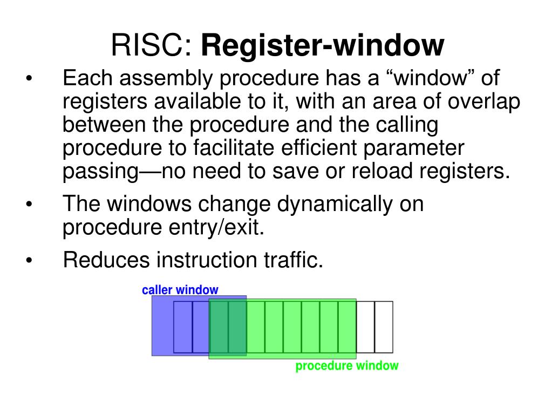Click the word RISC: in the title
point(152,46)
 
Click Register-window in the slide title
point(322,46)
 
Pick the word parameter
point(414,148)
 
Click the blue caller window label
point(180,290)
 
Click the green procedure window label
point(347,366)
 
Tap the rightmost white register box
point(384,327)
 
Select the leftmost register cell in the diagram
point(182,327)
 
